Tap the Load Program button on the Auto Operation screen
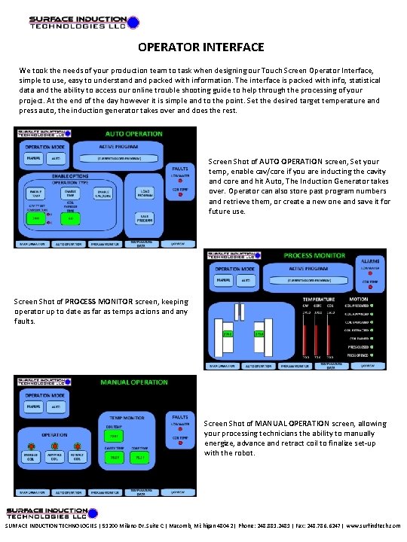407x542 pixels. (147, 192)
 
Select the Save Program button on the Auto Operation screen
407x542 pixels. (147, 217)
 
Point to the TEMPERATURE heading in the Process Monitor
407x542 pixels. (318, 298)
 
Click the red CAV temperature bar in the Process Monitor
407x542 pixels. (306, 331)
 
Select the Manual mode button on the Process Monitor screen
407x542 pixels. (223, 280)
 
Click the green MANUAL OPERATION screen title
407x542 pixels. (133, 382)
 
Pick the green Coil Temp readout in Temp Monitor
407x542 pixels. (115, 435)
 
